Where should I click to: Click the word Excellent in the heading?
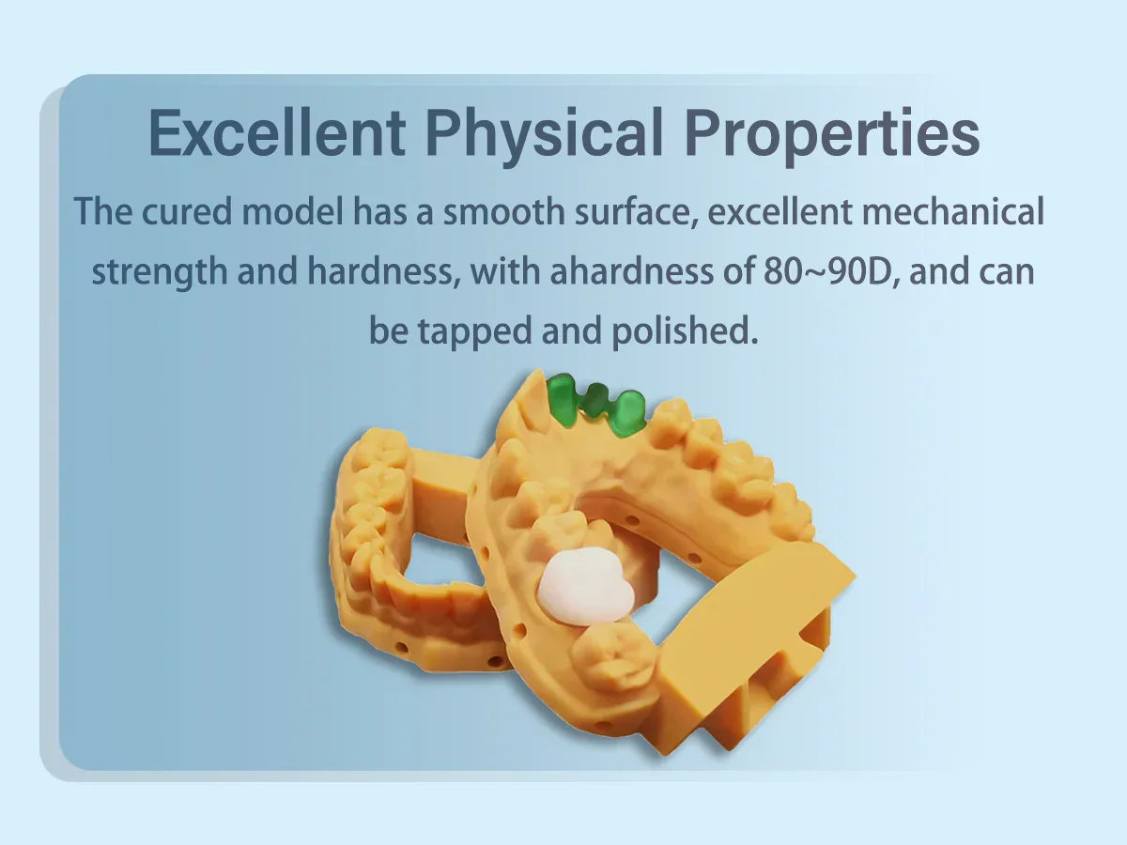tap(277, 132)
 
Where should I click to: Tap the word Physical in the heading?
tap(544, 135)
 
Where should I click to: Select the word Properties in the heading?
tap(832, 135)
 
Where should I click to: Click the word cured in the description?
tap(186, 211)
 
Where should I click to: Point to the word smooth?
tap(503, 211)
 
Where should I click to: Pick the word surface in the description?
tap(637, 212)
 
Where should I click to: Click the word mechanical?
tap(953, 211)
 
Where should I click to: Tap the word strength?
tap(159, 272)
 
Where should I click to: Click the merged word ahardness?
tap(631, 270)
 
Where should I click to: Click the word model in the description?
tap(292, 211)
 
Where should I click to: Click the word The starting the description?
tap(103, 211)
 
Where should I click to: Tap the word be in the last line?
tap(389, 330)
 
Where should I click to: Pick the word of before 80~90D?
tap(738, 270)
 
